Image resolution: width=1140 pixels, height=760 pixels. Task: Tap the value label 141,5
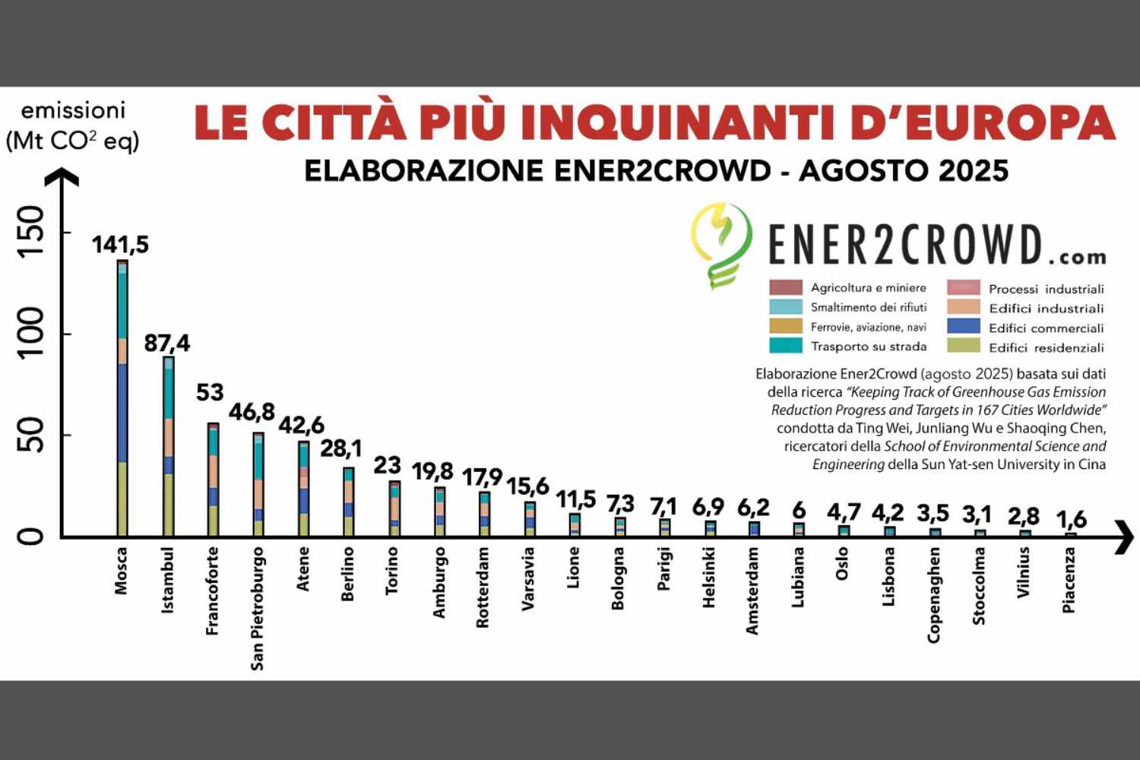coord(120,245)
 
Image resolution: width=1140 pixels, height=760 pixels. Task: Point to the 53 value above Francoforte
coord(210,392)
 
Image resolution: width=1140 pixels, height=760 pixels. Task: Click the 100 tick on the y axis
coord(32,334)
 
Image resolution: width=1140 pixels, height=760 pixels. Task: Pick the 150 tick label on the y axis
coord(32,232)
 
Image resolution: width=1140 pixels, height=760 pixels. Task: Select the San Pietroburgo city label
coord(258,608)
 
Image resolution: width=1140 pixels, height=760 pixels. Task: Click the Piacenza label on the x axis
coord(1069,580)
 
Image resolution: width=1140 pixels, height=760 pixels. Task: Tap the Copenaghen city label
coord(934,594)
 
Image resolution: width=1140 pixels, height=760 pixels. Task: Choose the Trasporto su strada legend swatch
coord(785,346)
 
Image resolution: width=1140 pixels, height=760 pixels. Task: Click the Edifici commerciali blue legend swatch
coord(963,327)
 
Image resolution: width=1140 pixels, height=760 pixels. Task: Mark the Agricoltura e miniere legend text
coord(868,288)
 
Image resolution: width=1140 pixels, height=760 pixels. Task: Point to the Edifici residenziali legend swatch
coord(963,347)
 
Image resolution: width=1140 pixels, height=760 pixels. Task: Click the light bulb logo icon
coord(721,243)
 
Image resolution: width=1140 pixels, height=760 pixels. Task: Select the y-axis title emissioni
coord(73,111)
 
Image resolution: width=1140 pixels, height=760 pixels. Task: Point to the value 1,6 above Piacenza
coord(1071,520)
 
